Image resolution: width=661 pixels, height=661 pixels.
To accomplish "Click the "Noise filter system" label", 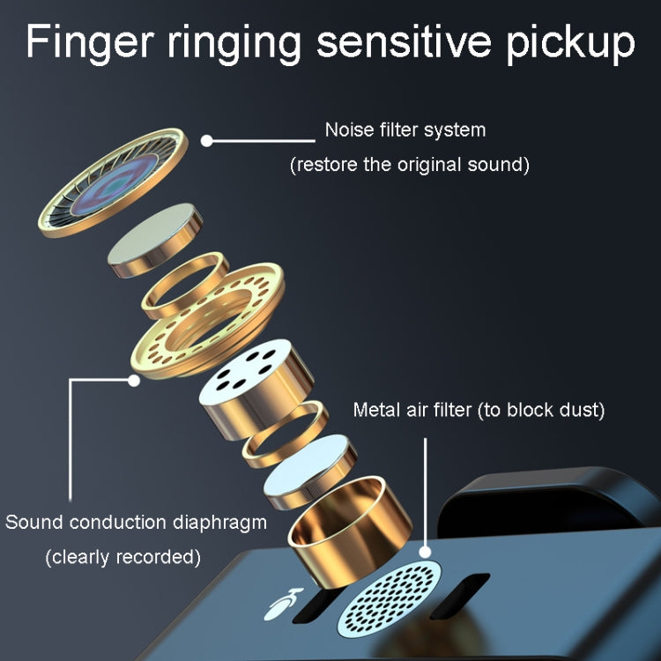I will click(405, 130).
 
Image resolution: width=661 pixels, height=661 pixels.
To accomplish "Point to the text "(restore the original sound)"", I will click(410, 164).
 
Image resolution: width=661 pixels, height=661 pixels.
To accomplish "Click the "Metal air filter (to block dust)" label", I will click(479, 410).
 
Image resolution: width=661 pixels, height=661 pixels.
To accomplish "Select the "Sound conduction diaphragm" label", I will click(136, 522).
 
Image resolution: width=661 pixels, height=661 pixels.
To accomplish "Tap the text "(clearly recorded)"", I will click(123, 557).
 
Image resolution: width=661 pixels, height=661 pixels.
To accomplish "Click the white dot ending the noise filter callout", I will click(208, 139).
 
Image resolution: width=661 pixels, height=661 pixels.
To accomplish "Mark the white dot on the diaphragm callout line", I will click(134, 381).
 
